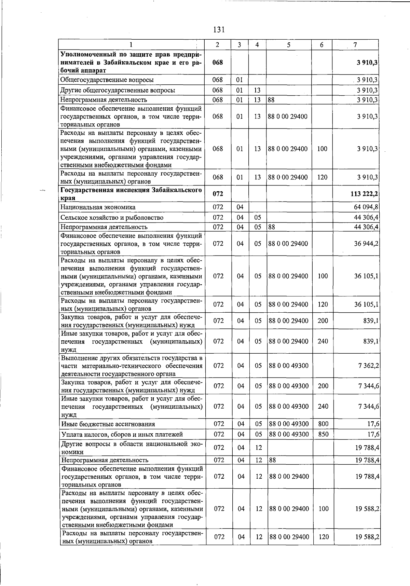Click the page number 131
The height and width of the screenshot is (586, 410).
[219, 30]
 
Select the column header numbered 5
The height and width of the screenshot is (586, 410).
[289, 45]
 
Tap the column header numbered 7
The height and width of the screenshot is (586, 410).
[355, 45]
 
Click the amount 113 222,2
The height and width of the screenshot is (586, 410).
[364, 194]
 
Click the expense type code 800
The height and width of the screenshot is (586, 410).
[323, 424]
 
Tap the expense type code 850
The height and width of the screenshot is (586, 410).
[323, 434]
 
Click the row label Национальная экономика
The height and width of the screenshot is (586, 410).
[98, 207]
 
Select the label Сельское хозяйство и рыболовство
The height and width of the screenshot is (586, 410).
[112, 218]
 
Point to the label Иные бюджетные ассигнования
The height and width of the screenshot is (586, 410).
[108, 424]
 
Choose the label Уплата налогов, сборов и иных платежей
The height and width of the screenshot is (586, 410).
[122, 435]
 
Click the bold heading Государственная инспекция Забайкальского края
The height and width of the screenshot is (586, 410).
[131, 194]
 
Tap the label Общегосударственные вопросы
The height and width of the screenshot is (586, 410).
[107, 80]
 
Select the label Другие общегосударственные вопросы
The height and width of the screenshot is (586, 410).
[118, 91]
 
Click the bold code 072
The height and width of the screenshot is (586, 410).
[218, 194]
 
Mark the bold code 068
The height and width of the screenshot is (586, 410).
[217, 63]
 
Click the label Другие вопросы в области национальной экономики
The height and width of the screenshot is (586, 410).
[132, 448]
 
